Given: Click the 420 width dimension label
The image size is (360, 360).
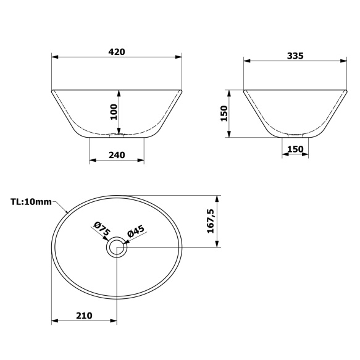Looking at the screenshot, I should (x=117, y=52).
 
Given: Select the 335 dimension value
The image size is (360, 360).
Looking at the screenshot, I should (x=295, y=56).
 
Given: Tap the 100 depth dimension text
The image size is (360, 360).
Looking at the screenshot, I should (x=113, y=112).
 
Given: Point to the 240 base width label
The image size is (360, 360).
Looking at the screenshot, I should (x=117, y=155).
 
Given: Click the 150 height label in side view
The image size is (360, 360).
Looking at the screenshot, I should (x=224, y=113).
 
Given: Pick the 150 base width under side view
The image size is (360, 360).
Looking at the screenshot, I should (x=295, y=149).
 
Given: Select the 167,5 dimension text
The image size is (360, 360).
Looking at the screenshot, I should (x=211, y=221).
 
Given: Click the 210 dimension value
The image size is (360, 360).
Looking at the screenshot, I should (x=84, y=316).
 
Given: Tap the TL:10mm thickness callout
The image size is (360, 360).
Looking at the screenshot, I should (x=30, y=201).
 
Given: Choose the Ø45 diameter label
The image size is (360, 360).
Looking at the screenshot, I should (x=135, y=232).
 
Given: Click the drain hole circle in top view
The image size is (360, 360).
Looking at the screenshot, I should (x=116, y=248).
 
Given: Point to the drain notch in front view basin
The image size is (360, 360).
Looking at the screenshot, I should (x=117, y=133).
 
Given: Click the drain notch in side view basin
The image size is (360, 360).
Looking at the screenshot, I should (x=295, y=133).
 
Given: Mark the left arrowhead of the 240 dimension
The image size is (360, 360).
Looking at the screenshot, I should (x=93, y=161).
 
